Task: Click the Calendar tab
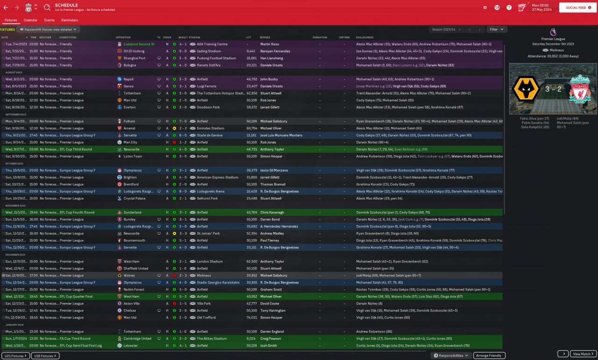click(x=30, y=20)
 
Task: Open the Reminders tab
click(x=70, y=20)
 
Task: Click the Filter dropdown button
click(x=497, y=29)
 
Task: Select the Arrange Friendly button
click(x=489, y=355)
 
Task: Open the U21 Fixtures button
click(x=15, y=356)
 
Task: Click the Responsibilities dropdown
click(x=451, y=355)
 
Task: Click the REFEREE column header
click(x=265, y=37)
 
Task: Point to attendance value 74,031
click(x=251, y=318)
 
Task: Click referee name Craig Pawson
click(x=271, y=339)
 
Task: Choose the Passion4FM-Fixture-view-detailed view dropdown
click(x=49, y=29)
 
